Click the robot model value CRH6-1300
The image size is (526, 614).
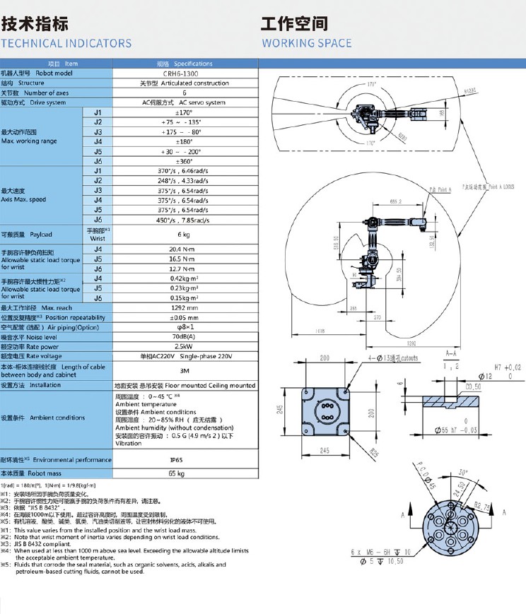[x=184, y=73]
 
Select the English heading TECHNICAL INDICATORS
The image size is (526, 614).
[x=66, y=43]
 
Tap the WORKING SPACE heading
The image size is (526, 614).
[x=306, y=43]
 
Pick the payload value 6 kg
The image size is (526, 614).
[x=184, y=235]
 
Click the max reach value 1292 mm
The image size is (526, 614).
[x=184, y=308]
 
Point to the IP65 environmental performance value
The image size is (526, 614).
[x=184, y=459]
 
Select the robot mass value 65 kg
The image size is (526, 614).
[x=184, y=473]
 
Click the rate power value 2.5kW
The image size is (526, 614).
[x=184, y=347]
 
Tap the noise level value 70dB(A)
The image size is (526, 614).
[x=184, y=337]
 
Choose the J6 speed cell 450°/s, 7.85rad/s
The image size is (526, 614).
[x=184, y=220]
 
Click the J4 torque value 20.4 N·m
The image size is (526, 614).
[x=184, y=249]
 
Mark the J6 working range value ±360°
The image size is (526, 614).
[x=184, y=161]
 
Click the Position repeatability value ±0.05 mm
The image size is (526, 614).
[x=184, y=318]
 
